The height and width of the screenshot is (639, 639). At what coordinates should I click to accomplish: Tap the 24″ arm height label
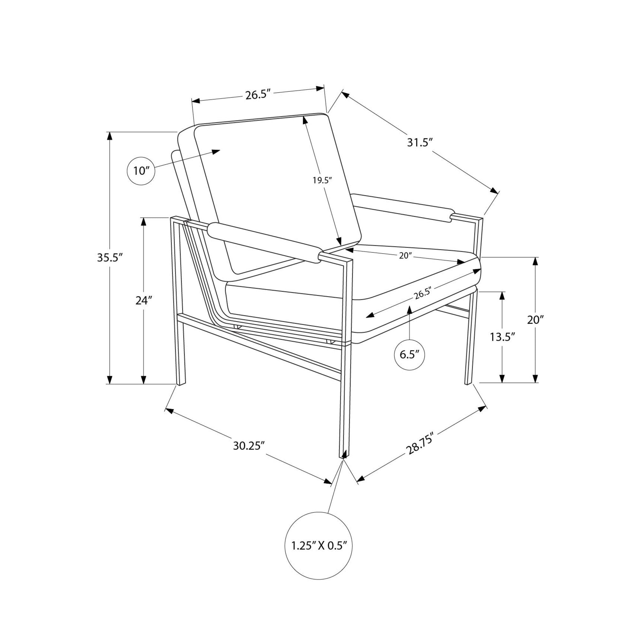pos(144,300)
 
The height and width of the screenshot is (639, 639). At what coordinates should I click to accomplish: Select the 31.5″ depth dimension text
pos(420,143)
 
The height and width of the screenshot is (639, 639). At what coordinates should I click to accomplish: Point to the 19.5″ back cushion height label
pos(322,180)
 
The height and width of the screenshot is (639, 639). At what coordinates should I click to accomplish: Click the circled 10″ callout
pos(141,171)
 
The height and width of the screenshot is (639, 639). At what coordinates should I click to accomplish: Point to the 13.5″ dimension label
pos(502,337)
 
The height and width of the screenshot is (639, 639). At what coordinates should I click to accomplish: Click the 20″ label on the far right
pos(535,320)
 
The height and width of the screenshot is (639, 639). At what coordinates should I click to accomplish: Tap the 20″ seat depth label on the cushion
pos(404,256)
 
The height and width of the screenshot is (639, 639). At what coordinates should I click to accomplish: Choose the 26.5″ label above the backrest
pos(258,95)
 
